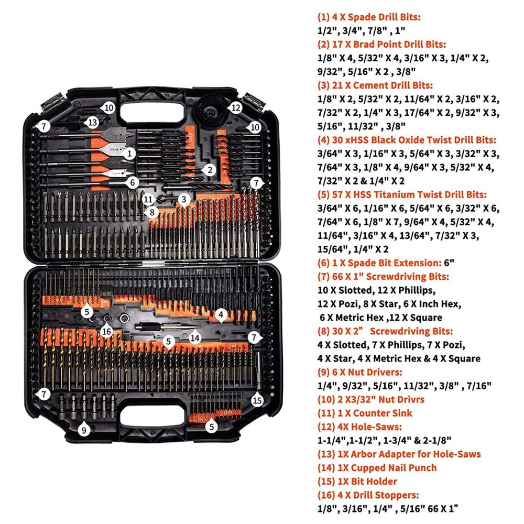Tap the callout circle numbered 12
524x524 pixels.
236,108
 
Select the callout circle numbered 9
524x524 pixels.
84,430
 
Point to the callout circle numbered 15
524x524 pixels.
256,401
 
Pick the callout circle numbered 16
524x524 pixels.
107,331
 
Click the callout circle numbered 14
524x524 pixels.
195,338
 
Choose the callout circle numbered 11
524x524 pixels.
148,199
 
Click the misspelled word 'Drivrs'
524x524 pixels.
409,399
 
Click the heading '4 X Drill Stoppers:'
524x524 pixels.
373,495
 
